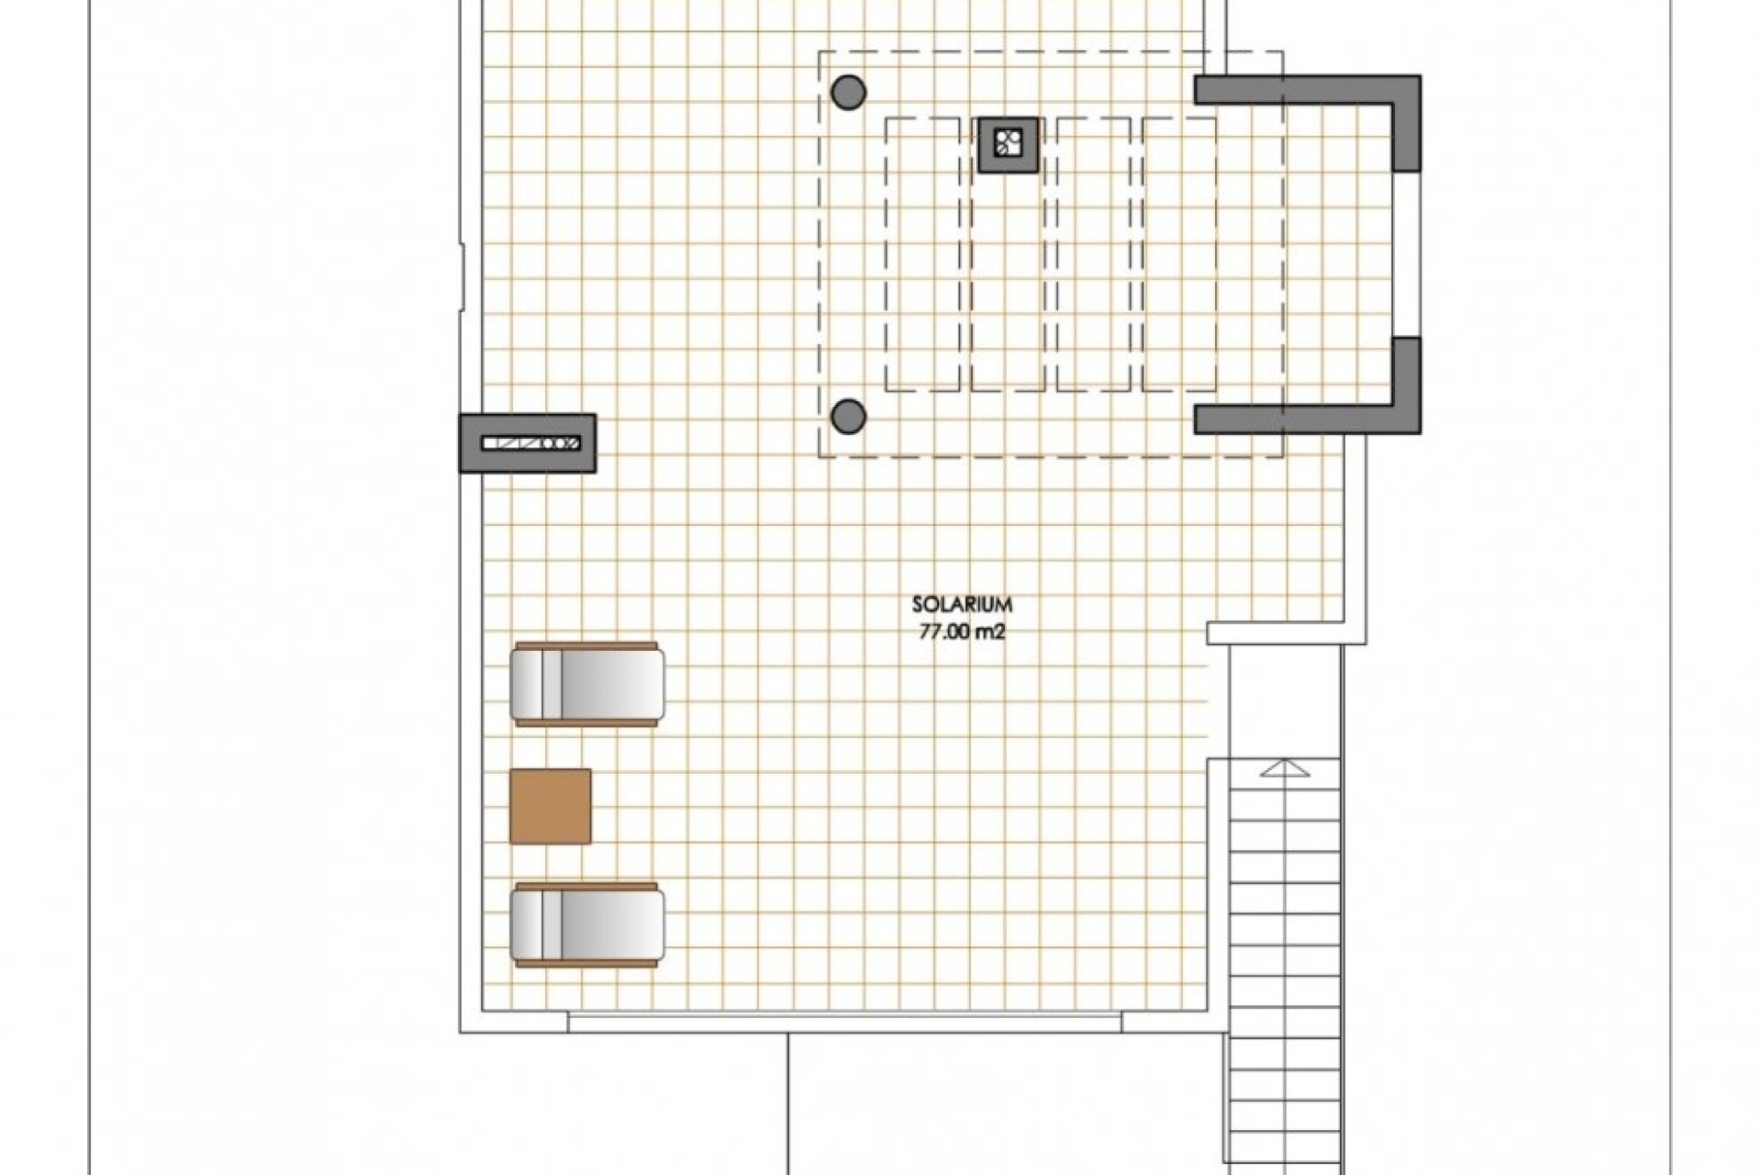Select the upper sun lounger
click(587, 685)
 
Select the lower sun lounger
click(587, 925)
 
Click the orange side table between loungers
click(550, 806)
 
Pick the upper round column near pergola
click(848, 92)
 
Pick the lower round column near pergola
click(848, 417)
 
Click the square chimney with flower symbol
click(1008, 144)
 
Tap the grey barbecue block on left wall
click(527, 443)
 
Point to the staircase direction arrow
click(1285, 768)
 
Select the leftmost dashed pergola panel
click(922, 254)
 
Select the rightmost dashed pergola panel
click(1180, 254)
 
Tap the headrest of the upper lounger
click(530, 685)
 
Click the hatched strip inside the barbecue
click(530, 443)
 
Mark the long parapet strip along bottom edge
click(844, 1021)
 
